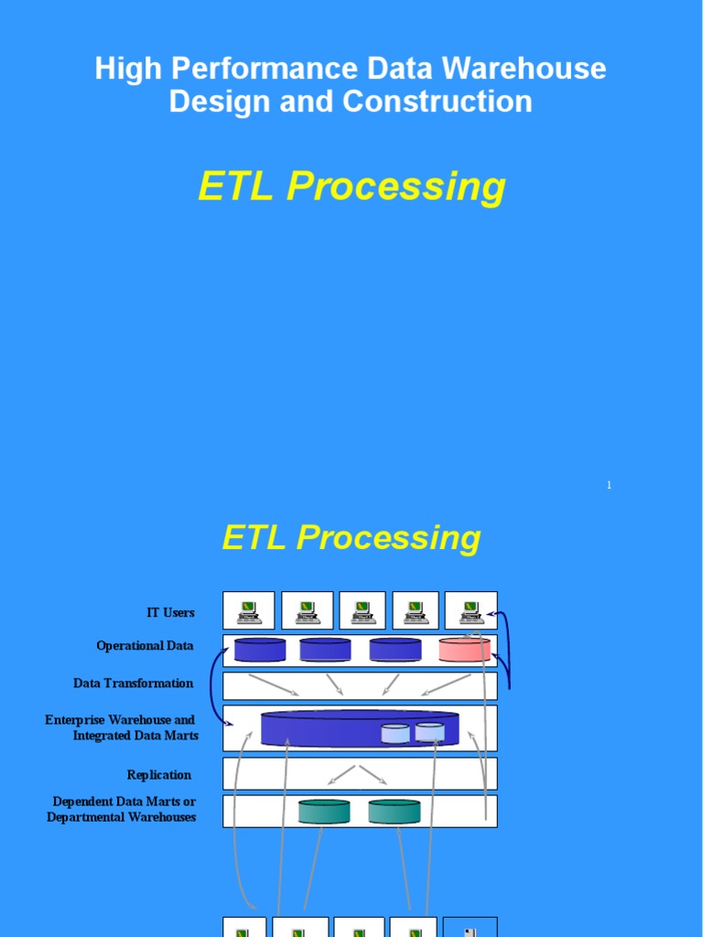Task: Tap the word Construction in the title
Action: (438, 101)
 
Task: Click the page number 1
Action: (609, 485)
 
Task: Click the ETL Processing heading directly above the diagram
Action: (351, 537)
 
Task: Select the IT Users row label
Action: (170, 612)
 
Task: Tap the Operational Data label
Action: (145, 646)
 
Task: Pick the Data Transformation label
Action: (134, 684)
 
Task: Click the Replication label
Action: (159, 775)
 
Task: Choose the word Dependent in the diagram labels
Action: (85, 802)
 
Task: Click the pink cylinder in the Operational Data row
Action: (464, 650)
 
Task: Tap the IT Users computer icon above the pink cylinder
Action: (470, 610)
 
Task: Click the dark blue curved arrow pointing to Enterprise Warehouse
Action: (214, 686)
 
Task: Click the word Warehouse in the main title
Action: (537, 68)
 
